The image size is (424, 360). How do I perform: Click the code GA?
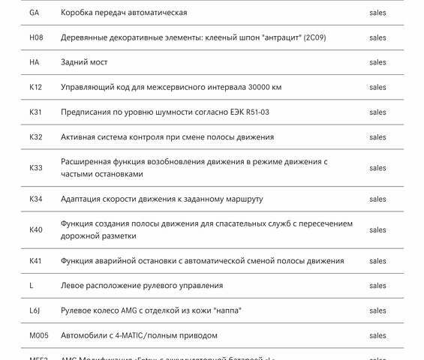coord(35,13)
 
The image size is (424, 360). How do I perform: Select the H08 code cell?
coord(36,37)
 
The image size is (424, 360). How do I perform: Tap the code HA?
coord(35,62)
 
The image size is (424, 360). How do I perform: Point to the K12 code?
coord(36,87)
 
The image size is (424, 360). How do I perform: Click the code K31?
coord(36,112)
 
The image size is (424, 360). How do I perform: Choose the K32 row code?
coord(36,137)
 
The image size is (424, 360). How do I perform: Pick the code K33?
coord(36,168)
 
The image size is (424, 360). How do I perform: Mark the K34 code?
coord(36,199)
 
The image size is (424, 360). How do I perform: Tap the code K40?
coord(36,229)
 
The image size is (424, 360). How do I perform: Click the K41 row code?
coord(36,261)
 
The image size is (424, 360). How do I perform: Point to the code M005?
coord(39,335)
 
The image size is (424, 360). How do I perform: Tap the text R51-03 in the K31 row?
coord(254,112)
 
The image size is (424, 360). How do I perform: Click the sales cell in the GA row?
coord(377,13)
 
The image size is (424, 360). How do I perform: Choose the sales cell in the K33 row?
coord(377,168)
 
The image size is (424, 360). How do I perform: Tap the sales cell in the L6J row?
coord(377,310)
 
